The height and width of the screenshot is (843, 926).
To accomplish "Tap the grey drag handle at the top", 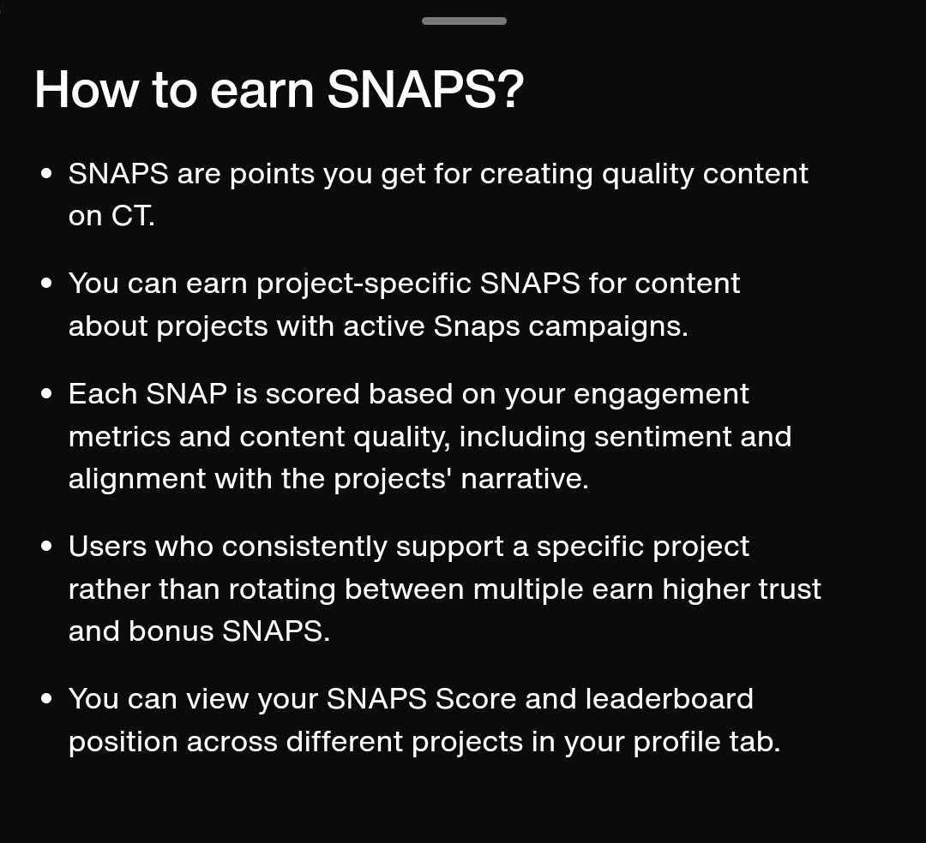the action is [x=464, y=21].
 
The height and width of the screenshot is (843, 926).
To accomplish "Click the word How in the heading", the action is [x=87, y=90].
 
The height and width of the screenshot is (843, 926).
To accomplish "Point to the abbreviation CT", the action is [x=132, y=216].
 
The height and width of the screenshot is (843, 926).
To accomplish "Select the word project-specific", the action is [x=364, y=284].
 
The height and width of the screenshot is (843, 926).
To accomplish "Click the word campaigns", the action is [x=608, y=327].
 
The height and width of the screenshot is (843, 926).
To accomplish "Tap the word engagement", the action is [x=661, y=395].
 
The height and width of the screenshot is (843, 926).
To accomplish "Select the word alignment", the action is [x=137, y=479].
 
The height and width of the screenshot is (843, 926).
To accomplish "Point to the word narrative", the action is [x=525, y=479].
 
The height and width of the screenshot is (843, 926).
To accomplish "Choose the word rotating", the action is [x=282, y=590].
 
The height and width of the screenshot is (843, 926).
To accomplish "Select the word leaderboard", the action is [x=669, y=699].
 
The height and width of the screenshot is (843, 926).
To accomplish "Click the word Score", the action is [x=475, y=699].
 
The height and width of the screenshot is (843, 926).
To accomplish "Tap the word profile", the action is [x=676, y=742].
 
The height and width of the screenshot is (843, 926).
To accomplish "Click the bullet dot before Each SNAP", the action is [x=46, y=394].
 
